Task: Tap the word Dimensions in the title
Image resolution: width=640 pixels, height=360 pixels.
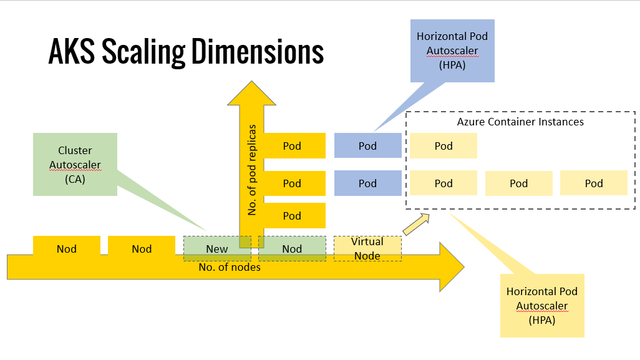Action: (x=258, y=51)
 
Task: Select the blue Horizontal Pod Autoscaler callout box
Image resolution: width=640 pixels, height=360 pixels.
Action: (x=452, y=51)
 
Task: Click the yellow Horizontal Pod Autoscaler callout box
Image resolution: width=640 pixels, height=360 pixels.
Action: (x=542, y=306)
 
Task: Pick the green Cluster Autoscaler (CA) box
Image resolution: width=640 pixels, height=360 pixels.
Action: (x=75, y=165)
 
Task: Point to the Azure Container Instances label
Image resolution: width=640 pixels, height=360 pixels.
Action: (x=520, y=122)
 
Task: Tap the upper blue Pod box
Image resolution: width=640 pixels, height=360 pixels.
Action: (x=368, y=146)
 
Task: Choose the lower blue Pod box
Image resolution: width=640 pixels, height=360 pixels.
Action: (x=368, y=183)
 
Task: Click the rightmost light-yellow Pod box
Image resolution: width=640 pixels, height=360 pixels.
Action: (x=594, y=183)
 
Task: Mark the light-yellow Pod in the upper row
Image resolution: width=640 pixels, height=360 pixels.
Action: (x=444, y=146)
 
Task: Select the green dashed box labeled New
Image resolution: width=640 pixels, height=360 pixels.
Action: (x=217, y=248)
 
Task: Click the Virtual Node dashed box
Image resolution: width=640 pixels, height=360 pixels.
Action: (x=368, y=248)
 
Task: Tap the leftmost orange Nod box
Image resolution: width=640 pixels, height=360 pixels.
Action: (x=67, y=246)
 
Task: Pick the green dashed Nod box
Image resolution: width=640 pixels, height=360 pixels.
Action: (x=293, y=248)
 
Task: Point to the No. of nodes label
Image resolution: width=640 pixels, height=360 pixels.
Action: (x=230, y=267)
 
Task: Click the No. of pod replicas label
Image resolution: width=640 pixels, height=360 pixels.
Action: (x=252, y=170)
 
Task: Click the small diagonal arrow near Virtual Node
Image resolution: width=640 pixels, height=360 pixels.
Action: (x=416, y=224)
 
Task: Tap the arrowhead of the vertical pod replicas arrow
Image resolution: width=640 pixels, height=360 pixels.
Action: (x=251, y=93)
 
